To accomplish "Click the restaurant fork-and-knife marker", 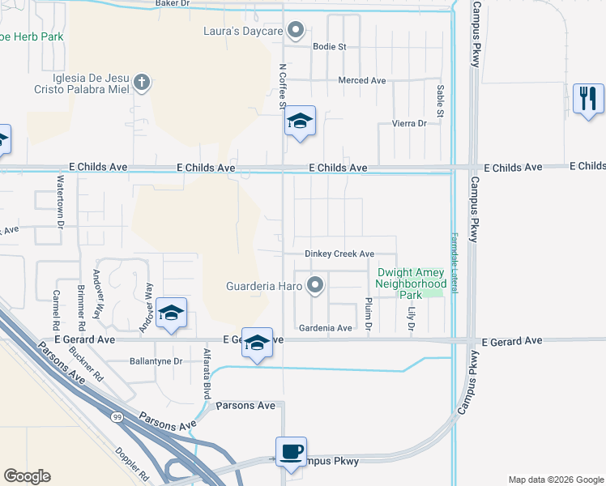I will point(588,99).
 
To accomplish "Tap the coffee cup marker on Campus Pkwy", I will point(291,452).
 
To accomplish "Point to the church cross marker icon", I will point(142,82).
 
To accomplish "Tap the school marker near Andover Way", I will point(171,313).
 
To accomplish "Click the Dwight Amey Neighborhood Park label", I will point(411,284).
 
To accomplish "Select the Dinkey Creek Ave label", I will point(339,254).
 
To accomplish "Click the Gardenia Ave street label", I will point(326,328).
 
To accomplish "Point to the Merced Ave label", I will point(362,81).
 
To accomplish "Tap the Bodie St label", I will point(330,47).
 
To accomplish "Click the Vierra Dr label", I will point(410,123).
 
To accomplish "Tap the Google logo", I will point(27,476).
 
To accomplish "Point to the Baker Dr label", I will point(172,4).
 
